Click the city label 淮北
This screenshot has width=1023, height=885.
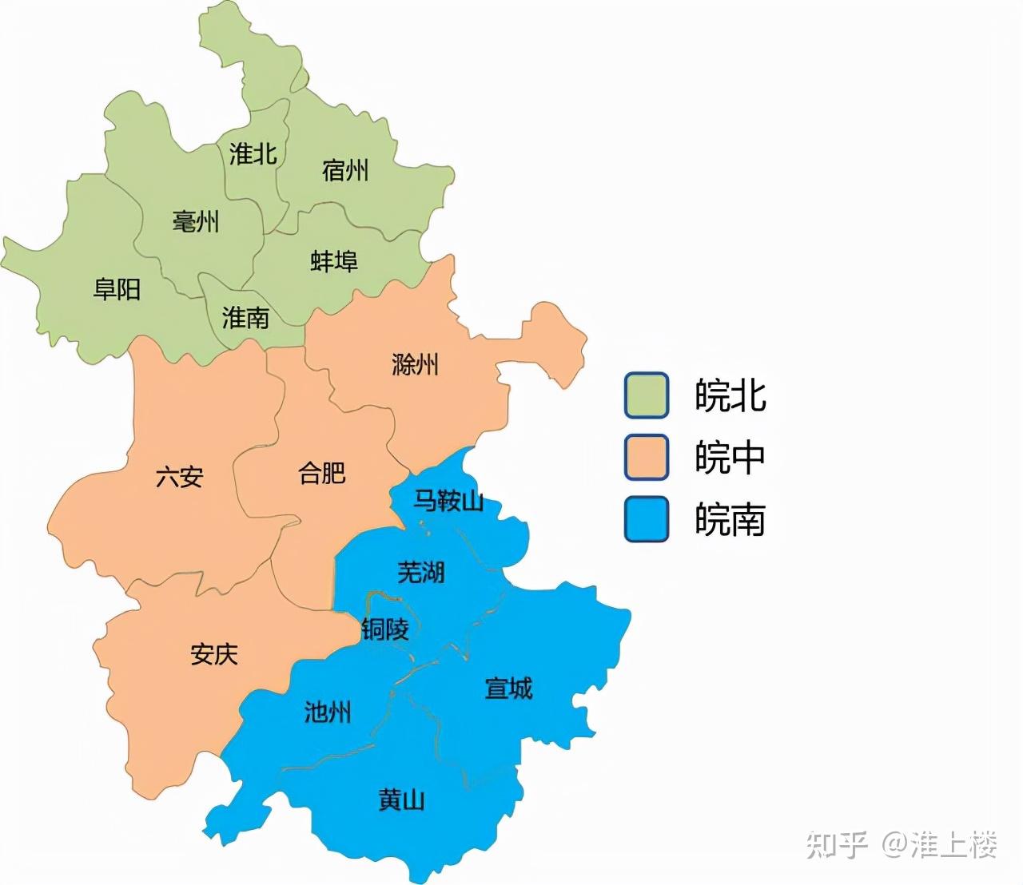(x=253, y=153)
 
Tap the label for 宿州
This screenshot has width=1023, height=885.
(x=345, y=170)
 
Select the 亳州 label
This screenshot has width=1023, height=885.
(x=196, y=221)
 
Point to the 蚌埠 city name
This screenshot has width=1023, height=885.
(x=334, y=261)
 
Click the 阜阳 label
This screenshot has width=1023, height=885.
(x=117, y=289)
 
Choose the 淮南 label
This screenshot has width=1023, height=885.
(x=245, y=318)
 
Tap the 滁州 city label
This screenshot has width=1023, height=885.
(x=415, y=365)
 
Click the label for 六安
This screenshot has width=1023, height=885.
(x=180, y=478)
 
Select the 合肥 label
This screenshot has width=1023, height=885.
(x=322, y=473)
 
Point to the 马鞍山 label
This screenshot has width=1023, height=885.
(x=448, y=502)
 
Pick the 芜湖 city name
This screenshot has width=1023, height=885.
(x=421, y=572)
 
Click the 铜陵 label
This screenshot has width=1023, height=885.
(x=385, y=629)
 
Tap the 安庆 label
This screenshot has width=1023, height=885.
(x=214, y=655)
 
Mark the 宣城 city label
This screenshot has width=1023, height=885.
(x=508, y=689)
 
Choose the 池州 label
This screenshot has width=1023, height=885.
(x=328, y=712)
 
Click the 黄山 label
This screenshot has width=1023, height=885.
(x=401, y=800)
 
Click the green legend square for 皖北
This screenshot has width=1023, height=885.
(x=647, y=395)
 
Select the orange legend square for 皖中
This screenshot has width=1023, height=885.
(x=647, y=458)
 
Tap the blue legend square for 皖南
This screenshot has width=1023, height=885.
(x=647, y=520)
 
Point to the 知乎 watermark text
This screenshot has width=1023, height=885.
(x=837, y=844)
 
